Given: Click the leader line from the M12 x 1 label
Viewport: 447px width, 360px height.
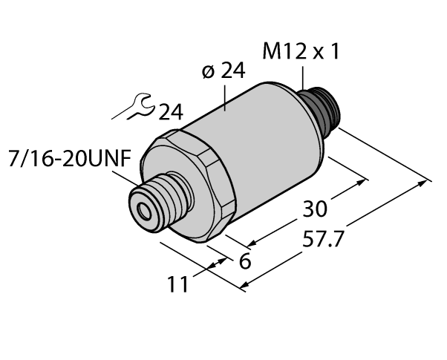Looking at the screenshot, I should click(x=304, y=79).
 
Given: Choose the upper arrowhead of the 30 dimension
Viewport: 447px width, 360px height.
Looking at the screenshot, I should click(x=365, y=180).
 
